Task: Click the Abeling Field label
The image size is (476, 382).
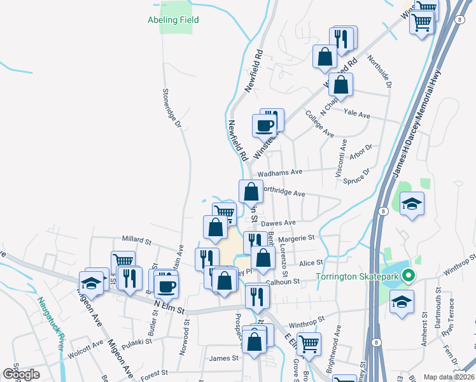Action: pos(174,20)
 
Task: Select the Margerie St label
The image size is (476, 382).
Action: pos(298,237)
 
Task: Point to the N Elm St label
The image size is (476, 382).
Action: pos(169,308)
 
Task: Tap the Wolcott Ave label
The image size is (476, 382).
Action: pos(88,346)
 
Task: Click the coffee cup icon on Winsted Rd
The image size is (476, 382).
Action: pos(265,125)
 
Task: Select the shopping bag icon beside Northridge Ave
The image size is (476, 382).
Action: pos(251,191)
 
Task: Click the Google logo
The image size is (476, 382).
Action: pos(21,374)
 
